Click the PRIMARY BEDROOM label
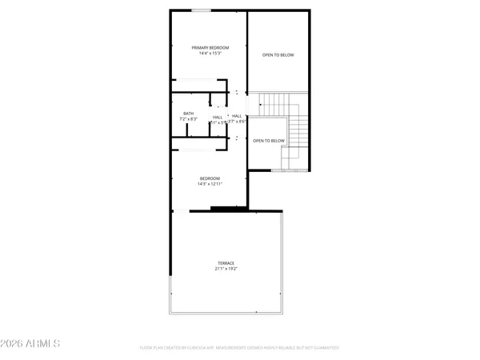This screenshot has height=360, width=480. tap(210, 48)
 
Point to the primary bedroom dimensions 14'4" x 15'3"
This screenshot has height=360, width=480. tap(210, 54)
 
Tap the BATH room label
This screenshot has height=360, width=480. tap(188, 114)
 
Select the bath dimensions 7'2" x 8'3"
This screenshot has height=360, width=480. tap(188, 119)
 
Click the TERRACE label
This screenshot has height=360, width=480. tap(226, 263)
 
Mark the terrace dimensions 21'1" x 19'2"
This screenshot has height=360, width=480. tap(226, 269)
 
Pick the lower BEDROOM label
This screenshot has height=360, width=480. tap(210, 178)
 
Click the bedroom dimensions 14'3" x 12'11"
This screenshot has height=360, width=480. tap(210, 184)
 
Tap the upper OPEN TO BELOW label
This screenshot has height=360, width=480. tap(278, 55)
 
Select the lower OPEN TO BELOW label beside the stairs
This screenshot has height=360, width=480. tap(269, 141)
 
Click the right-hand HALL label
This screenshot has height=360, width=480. tap(238, 117)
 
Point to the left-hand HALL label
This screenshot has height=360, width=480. tap(218, 118)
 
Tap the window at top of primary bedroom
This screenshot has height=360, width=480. tap(202, 10)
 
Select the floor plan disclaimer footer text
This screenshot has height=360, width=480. tap(239, 348)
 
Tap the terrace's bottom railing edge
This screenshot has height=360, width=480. tap(226, 314)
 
